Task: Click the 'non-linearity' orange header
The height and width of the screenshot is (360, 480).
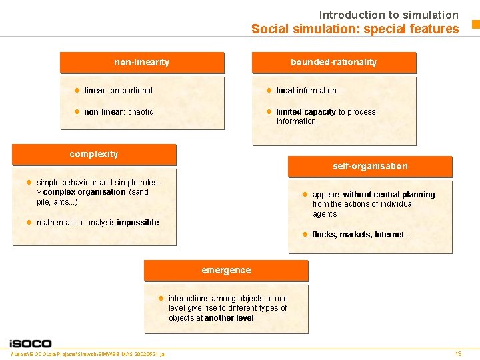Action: [x=141, y=62]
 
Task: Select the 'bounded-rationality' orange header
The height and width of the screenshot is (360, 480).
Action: [x=333, y=62]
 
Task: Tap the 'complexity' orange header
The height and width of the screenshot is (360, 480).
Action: [x=94, y=154]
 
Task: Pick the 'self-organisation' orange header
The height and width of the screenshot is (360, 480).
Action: [x=370, y=166]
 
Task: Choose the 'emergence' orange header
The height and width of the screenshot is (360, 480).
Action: [x=226, y=270]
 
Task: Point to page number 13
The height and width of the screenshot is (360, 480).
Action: [x=458, y=353]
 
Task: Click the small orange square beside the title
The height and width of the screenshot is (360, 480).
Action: [x=475, y=25]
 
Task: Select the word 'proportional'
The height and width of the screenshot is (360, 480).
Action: [x=131, y=91]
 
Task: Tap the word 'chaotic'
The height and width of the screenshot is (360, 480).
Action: [x=140, y=112]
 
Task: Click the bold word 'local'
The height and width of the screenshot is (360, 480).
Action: [x=285, y=91]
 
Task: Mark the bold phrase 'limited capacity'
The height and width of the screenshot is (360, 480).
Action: [x=306, y=112]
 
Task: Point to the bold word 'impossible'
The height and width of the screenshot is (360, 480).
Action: [x=138, y=223]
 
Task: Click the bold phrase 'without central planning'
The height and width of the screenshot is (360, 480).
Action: [x=389, y=195]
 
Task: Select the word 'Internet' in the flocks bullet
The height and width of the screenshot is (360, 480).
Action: [x=389, y=235]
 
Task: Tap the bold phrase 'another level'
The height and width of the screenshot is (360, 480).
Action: [x=229, y=318]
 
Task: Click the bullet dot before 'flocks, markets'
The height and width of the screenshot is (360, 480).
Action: [x=304, y=234]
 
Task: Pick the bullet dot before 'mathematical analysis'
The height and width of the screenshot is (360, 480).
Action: [x=29, y=222]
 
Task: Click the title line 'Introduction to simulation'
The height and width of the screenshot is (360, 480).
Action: [x=389, y=15]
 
